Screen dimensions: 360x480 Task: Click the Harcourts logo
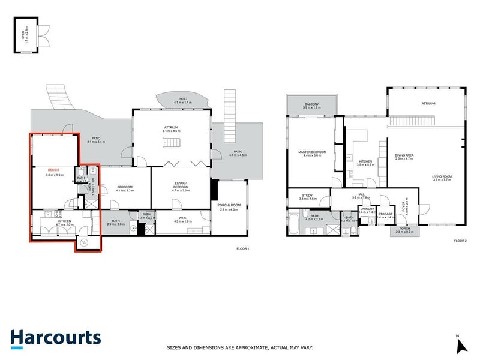coord(55,337)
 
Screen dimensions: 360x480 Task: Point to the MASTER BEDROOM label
coord(312,152)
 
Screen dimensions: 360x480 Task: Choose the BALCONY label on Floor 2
coord(311,105)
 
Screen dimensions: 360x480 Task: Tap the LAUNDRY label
coord(367,209)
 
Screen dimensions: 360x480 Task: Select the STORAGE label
coord(385,214)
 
